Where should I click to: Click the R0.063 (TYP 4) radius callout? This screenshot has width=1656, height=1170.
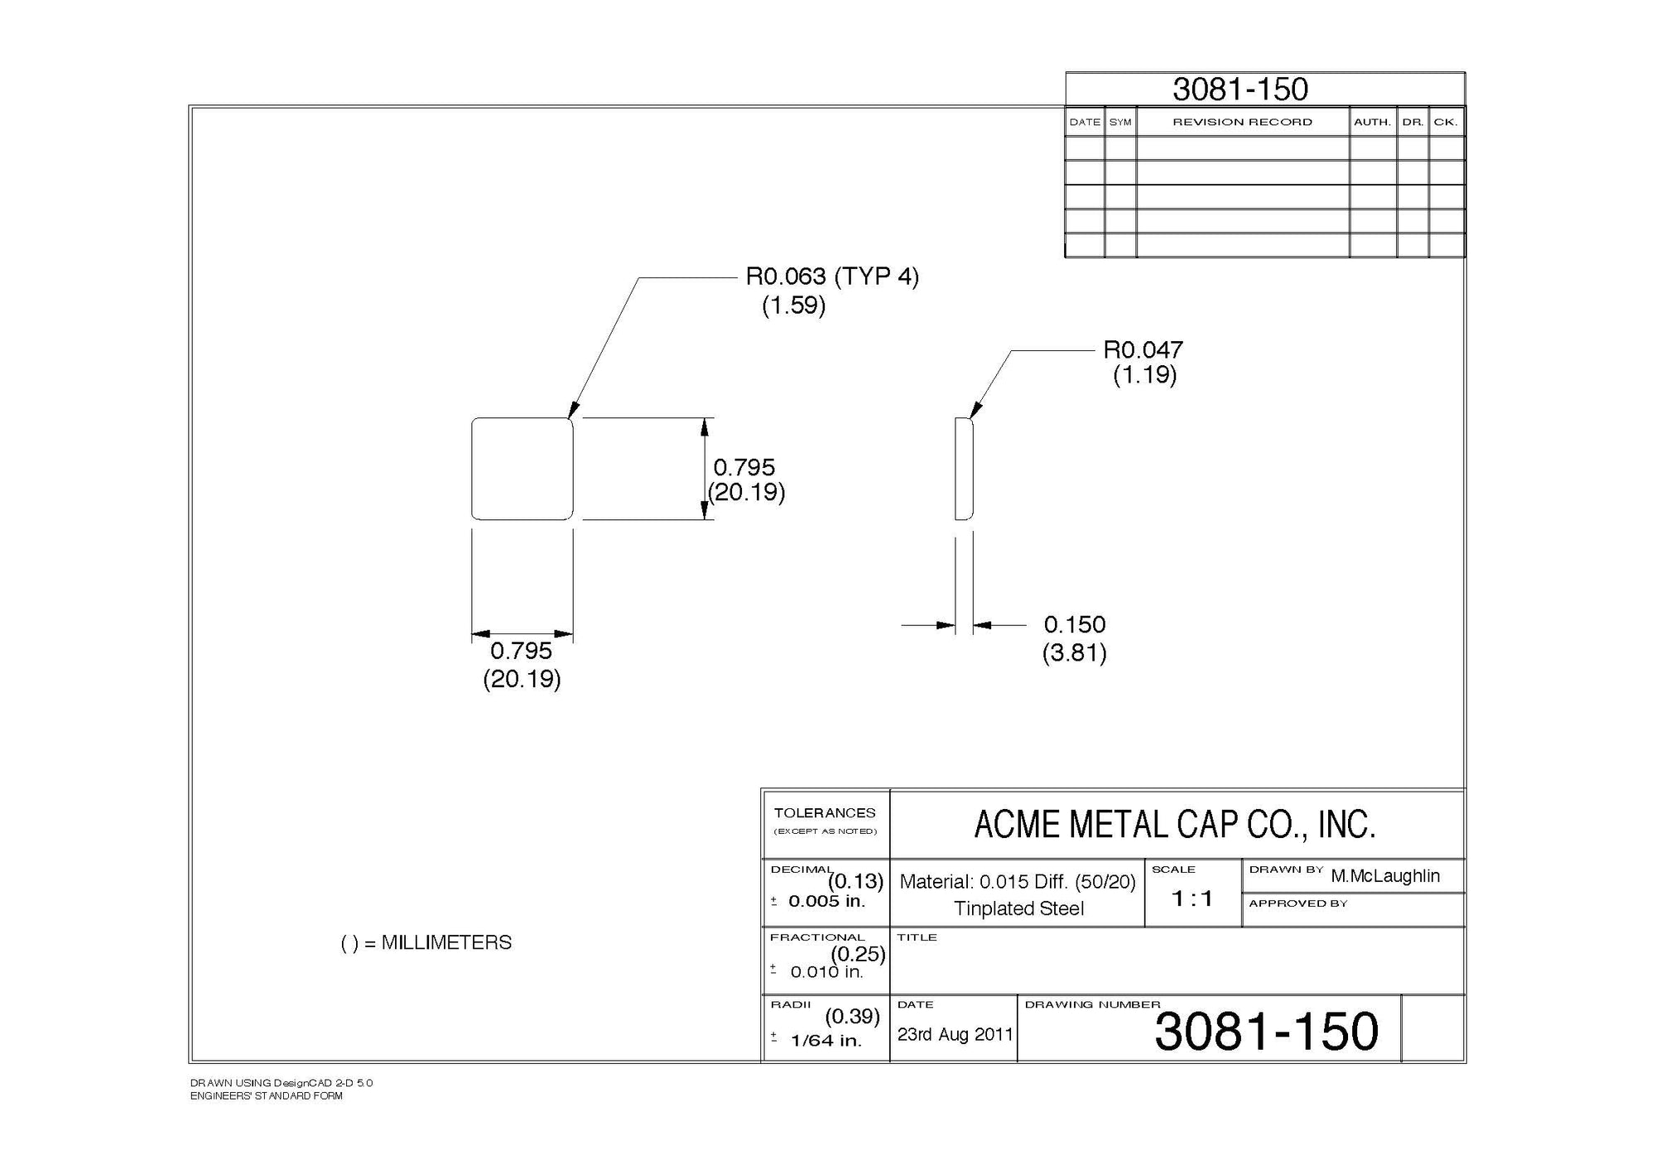[832, 277]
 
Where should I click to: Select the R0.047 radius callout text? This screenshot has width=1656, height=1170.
[1143, 349]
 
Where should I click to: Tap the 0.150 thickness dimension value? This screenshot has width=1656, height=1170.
[1074, 624]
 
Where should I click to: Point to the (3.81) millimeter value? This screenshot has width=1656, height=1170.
[1074, 653]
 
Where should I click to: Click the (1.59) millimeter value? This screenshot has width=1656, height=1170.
[793, 306]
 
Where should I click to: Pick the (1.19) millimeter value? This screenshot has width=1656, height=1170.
[1144, 375]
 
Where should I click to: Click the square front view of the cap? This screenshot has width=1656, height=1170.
[522, 469]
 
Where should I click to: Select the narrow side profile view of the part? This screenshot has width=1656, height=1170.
[963, 469]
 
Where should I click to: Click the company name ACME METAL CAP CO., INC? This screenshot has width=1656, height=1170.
[1175, 825]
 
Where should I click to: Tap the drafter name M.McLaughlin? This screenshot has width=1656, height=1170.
[1385, 876]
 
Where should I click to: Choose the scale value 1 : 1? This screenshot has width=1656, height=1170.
[1192, 898]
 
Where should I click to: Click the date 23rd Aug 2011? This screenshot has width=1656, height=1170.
[955, 1034]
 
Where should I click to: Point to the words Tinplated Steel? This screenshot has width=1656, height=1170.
[1018, 908]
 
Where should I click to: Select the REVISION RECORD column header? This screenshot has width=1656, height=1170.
[1242, 122]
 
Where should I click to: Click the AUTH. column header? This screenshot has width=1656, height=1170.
[1372, 122]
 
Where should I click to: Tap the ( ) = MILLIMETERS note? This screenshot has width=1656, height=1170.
[426, 942]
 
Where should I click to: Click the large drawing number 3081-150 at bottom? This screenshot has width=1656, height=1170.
[1266, 1032]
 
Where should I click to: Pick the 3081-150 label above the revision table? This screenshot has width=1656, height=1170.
[1240, 89]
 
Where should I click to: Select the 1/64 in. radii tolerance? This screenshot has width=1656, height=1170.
[826, 1041]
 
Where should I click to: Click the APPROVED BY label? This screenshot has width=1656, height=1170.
[1297, 903]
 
